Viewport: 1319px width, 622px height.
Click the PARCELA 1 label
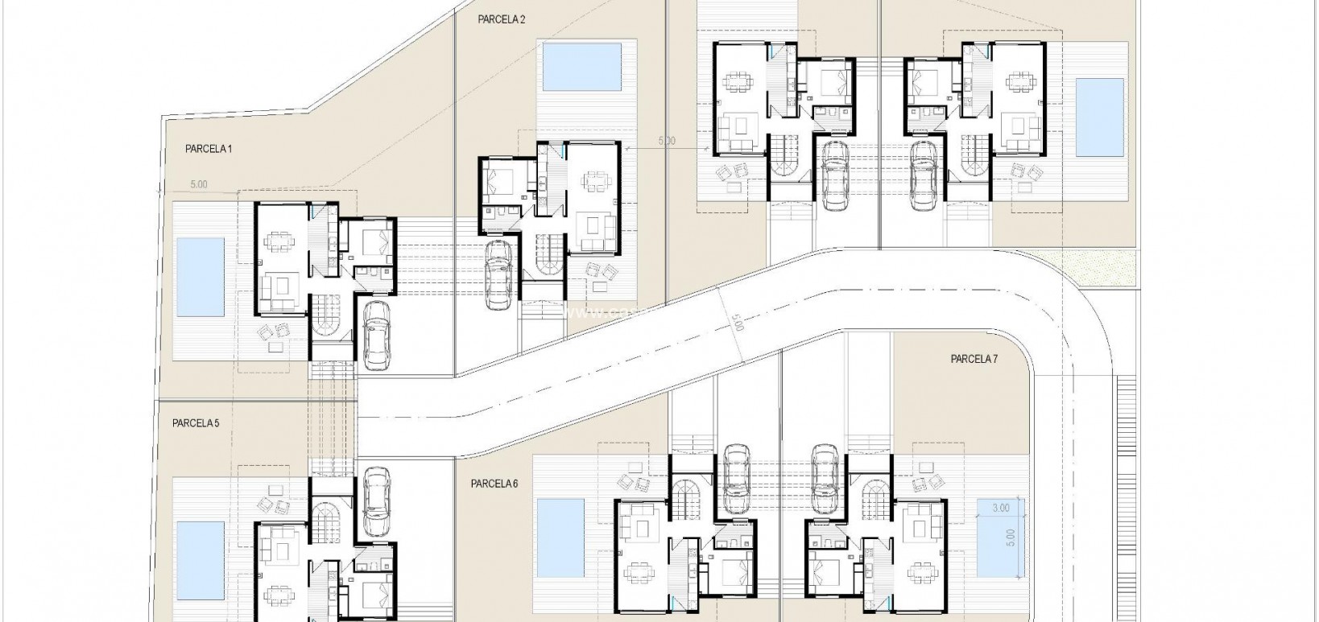point(208,149)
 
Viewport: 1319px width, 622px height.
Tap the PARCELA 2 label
point(501,19)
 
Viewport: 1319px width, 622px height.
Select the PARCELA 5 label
point(195,422)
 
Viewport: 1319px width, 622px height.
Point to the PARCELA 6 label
point(494,484)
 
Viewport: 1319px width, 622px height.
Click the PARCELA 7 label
point(974,359)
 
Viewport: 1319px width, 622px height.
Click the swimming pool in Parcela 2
point(582,68)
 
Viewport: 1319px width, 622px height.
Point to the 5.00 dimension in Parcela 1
point(198,184)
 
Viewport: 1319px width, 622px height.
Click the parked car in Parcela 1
point(376,335)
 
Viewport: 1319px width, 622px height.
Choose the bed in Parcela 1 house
point(376,240)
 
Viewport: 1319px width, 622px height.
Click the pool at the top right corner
point(1100,117)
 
